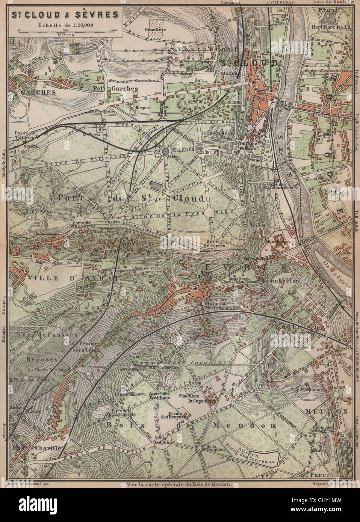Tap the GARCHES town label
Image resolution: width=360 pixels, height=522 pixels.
pos(33,92)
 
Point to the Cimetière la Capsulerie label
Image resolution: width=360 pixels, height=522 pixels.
pos(200,399)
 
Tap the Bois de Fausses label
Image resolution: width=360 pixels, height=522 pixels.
pos(47,334)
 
